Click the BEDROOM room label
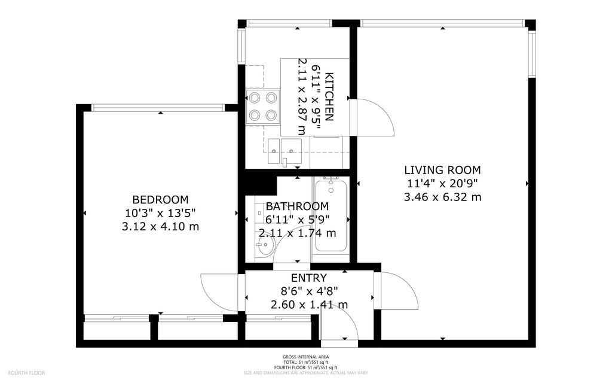[x=160, y=199]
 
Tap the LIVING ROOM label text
[x=442, y=170]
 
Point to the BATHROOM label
[x=297, y=206]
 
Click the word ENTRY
[x=308, y=278]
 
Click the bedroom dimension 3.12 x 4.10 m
[x=160, y=226]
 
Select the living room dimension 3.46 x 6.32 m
[x=442, y=196]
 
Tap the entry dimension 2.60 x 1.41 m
[x=308, y=305]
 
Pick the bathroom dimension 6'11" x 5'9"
[x=297, y=220]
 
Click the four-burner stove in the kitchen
[x=263, y=106]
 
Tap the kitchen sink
[x=284, y=148]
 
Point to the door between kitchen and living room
[x=372, y=118]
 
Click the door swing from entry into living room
[x=397, y=291]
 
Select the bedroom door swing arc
[x=220, y=292]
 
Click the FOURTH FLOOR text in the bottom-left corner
[x=27, y=373]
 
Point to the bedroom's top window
[x=158, y=108]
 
